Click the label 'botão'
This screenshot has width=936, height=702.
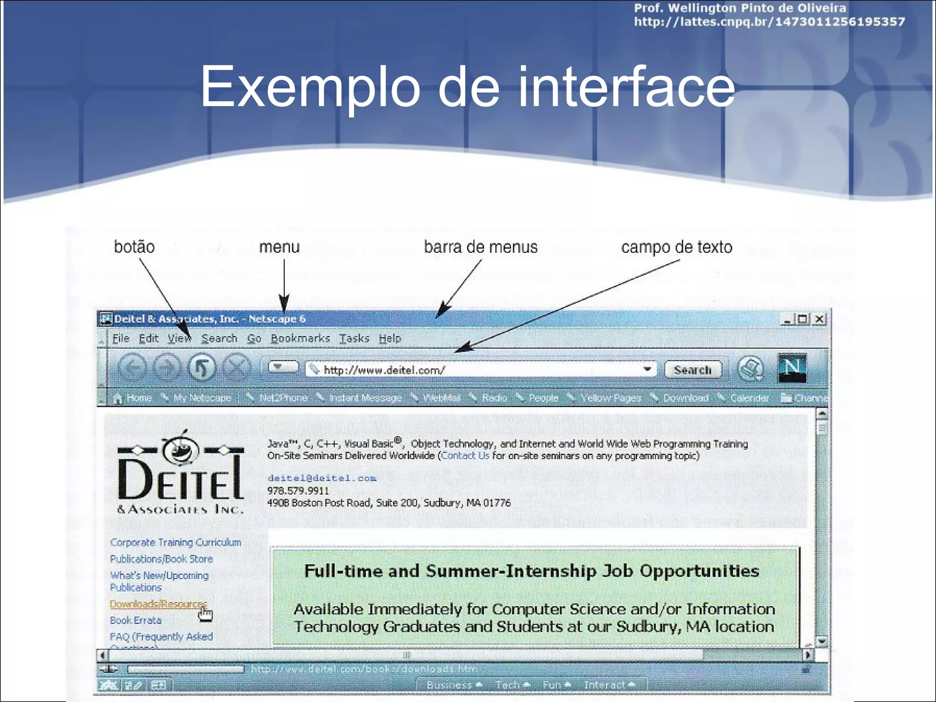click(x=134, y=247)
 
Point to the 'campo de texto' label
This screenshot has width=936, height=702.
click(x=676, y=247)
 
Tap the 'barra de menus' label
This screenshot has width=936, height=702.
click(x=481, y=247)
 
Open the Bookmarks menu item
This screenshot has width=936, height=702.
click(x=300, y=339)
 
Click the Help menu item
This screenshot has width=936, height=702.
click(x=390, y=339)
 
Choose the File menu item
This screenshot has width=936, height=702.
click(x=121, y=339)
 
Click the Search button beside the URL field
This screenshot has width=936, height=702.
click(x=692, y=370)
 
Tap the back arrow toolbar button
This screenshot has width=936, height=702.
click(x=132, y=367)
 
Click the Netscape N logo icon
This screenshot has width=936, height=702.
click(x=792, y=368)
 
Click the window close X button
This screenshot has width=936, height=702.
click(x=820, y=319)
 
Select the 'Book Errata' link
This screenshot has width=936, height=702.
click(x=136, y=620)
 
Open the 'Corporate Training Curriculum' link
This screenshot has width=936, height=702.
click(x=175, y=542)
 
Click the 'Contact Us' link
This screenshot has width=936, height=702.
click(x=465, y=456)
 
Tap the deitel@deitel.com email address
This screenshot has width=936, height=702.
click(x=322, y=478)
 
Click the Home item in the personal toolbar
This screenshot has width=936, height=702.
click(x=138, y=398)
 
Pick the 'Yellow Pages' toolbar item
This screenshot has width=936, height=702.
click(x=610, y=398)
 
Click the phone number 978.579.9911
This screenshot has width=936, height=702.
click(x=298, y=491)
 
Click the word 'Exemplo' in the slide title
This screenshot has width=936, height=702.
click(x=310, y=87)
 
